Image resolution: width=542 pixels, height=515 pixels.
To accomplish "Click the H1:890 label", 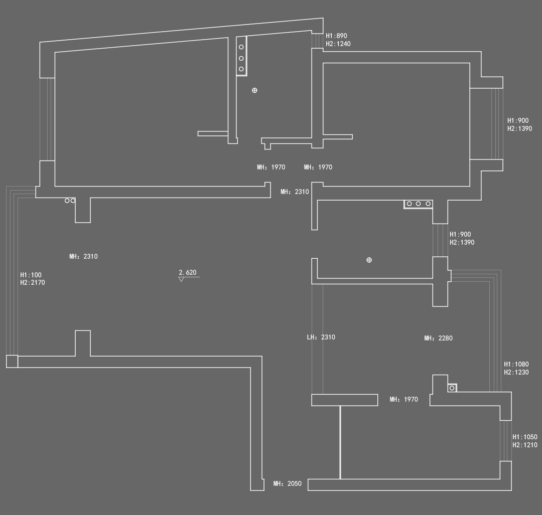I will click(336, 36).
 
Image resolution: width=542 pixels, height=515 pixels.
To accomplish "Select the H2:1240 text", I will click(338, 44).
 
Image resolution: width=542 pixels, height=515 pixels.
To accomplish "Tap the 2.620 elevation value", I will click(188, 273).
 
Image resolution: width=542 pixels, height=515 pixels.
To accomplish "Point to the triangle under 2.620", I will click(181, 279).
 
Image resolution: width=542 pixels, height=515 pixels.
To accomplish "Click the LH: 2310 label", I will click(321, 337).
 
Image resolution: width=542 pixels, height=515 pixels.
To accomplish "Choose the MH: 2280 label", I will click(438, 338).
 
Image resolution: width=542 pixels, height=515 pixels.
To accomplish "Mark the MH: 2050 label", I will click(287, 484).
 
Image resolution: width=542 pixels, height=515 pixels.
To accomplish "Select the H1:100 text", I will click(31, 275).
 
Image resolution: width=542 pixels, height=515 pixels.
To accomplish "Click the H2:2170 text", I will click(33, 283).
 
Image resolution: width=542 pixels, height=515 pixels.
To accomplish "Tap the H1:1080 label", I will click(516, 365).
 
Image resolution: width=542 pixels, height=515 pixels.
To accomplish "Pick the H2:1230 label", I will click(516, 373).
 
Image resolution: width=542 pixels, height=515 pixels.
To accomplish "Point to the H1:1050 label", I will click(524, 437).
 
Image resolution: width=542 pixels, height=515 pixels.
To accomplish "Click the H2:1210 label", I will click(524, 445).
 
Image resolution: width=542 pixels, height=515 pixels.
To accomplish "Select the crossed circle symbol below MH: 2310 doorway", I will click(369, 260).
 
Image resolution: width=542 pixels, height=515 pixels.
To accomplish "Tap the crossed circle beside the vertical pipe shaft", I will click(254, 90).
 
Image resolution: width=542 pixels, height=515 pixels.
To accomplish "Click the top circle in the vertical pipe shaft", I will click(241, 47).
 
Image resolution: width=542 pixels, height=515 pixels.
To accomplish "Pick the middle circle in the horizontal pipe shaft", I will click(418, 204).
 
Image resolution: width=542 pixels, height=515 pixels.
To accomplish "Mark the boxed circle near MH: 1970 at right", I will click(452, 388).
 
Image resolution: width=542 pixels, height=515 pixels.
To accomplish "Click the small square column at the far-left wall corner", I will click(12, 361).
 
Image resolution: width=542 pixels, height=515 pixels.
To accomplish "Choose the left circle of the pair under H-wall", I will click(67, 201).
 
